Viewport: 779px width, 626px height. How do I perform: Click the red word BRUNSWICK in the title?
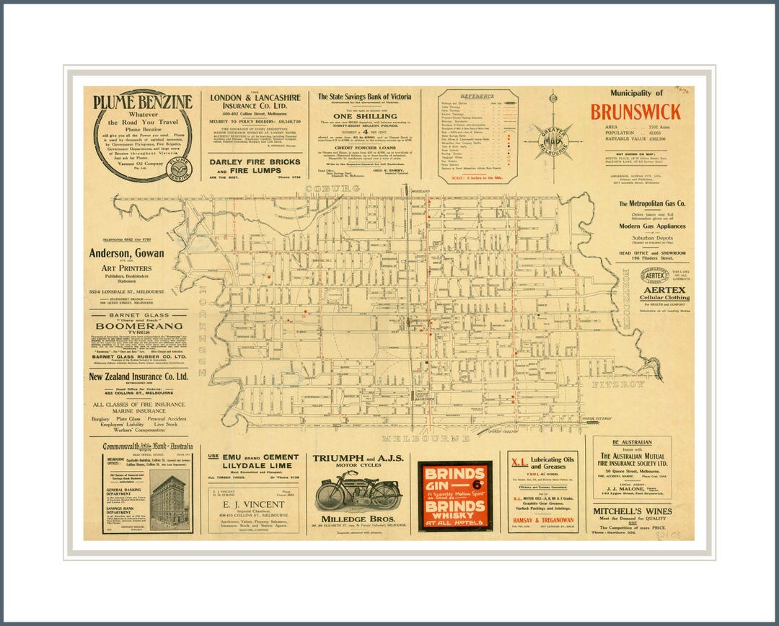pos(635,112)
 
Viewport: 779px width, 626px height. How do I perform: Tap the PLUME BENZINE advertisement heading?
pos(143,102)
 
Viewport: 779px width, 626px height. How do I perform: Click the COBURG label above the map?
pos(333,189)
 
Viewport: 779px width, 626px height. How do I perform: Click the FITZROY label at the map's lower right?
pos(618,384)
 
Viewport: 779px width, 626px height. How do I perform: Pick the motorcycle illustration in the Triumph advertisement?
pos(358,493)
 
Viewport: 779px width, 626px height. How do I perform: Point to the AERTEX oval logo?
pos(653,275)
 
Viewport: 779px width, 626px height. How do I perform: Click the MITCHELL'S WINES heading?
pos(633,511)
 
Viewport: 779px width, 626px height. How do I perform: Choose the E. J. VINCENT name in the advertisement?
pos(253,504)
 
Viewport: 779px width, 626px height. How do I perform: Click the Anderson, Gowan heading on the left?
pos(127,253)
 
